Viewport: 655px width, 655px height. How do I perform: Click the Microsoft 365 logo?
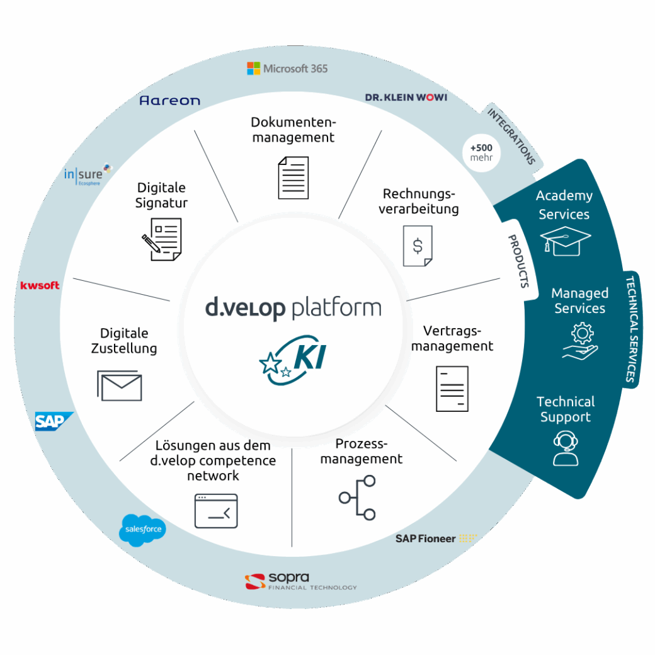point(287,69)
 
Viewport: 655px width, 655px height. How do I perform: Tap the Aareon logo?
point(169,100)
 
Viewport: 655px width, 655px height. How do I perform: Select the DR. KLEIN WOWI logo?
point(406,98)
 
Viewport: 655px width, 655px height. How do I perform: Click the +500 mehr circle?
point(481,153)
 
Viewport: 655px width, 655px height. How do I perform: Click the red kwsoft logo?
point(40,285)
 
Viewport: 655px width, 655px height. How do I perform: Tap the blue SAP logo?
point(54,421)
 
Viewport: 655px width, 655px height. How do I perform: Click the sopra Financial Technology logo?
point(300,581)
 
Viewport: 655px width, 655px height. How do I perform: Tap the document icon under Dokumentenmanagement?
point(293,178)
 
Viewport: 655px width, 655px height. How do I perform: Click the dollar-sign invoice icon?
point(418,246)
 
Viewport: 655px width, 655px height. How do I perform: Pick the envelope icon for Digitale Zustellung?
point(120,385)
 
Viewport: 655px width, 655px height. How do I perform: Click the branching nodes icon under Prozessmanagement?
point(358,498)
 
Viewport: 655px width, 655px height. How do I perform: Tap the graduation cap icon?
point(565,241)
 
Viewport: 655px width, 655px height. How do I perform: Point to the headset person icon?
point(565,448)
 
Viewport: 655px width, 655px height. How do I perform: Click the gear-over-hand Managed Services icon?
point(580,341)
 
